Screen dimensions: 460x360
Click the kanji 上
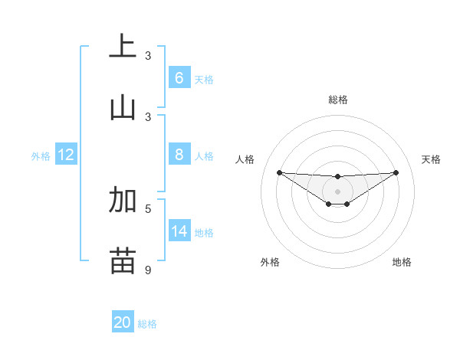coord(123,46)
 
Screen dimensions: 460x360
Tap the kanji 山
coord(123,107)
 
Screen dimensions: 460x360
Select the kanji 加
coord(123,200)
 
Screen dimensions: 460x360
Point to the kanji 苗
coord(123,260)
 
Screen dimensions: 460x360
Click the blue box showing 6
coord(179,77)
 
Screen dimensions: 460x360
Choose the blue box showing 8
coord(179,155)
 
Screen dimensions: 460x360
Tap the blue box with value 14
coord(179,231)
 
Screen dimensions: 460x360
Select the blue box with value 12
coord(66,155)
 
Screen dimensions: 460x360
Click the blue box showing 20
coord(123,322)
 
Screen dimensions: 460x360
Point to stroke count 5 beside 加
coord(149,208)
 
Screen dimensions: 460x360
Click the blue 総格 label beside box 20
coord(147,324)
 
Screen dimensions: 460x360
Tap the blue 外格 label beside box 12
coord(41,156)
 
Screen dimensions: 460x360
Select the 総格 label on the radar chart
coord(337,100)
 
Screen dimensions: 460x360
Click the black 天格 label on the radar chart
coord(431,159)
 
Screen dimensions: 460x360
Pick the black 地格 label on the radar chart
coord(402,262)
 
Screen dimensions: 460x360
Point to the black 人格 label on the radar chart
coord(245,159)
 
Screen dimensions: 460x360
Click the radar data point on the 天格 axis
coord(396,172)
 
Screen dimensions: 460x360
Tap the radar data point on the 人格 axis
coord(279,172)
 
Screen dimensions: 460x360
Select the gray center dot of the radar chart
coord(337,191)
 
